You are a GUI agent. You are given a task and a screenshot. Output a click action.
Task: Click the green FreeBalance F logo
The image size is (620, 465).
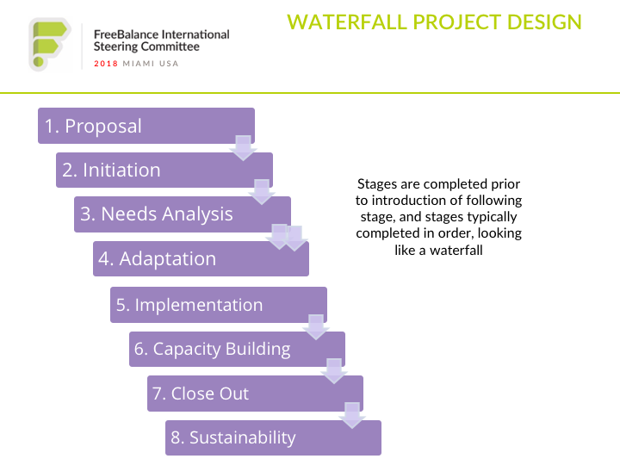pos(49,44)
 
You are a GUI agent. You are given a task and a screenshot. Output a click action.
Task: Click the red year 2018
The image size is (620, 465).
pos(106,64)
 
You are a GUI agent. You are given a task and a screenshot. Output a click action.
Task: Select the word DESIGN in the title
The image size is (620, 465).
pos(544,22)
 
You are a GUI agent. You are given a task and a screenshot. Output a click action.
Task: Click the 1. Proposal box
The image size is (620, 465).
pos(146,126)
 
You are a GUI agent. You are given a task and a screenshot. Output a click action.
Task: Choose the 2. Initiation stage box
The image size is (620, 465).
pos(164,170)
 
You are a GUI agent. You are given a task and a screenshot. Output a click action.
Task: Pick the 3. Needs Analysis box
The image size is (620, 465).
pos(183,214)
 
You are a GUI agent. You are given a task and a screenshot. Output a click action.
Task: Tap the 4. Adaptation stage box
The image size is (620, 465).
pos(201,258)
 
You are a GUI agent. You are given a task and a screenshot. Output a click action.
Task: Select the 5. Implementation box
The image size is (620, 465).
pos(219,305)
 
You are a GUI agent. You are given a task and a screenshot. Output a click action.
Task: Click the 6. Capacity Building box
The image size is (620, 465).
pos(238,349)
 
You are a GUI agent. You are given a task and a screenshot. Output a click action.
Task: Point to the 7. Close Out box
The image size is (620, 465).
pos(255,394)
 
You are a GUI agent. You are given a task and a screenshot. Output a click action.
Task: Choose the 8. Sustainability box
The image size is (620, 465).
pos(273,437)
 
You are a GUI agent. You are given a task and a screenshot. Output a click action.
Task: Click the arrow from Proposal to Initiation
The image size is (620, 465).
pos(243,148)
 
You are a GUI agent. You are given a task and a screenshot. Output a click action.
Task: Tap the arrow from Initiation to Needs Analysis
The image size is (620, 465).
pos(262,192)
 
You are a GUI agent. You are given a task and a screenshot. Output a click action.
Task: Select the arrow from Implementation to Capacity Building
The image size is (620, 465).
pos(316,327)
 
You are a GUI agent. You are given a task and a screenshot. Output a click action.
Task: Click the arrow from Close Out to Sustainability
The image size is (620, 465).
pos(352,416)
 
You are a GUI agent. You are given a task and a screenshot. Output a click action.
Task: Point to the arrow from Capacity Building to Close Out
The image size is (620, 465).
pos(334,371)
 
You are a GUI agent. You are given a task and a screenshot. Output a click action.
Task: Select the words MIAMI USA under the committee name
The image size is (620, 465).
pos(151,64)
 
